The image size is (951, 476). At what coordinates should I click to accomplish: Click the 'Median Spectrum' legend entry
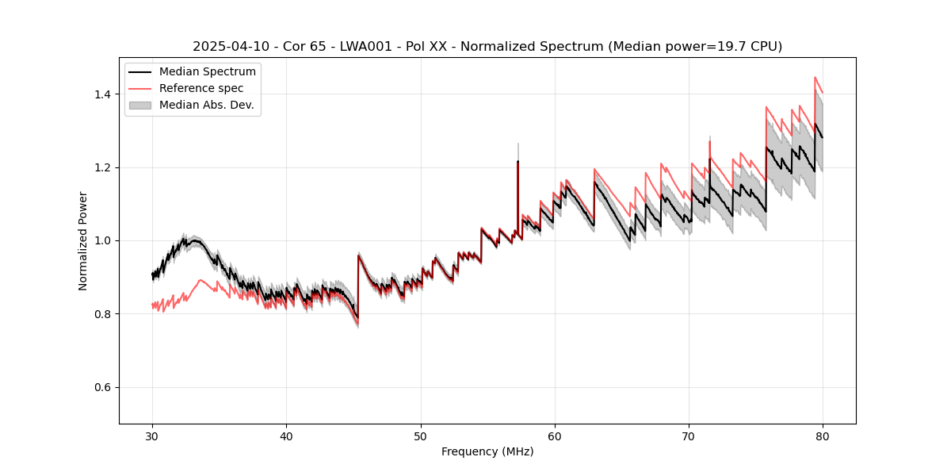tap(207, 72)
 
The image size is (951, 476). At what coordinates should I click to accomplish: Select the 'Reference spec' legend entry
tap(201, 88)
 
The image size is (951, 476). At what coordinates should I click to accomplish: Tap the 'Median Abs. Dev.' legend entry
tap(206, 105)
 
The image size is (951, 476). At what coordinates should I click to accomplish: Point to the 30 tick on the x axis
tap(152, 436)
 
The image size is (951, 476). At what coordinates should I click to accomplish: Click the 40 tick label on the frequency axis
tap(286, 436)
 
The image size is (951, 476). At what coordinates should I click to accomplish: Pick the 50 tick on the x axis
tap(421, 436)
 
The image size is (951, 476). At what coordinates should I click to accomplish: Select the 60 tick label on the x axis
tap(555, 436)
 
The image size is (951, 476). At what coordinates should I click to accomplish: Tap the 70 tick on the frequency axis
tap(689, 436)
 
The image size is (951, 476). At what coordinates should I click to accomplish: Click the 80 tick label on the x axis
tap(823, 436)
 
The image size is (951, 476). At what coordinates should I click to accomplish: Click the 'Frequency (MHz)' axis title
tap(487, 451)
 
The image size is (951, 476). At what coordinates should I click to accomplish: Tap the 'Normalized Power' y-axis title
tap(83, 240)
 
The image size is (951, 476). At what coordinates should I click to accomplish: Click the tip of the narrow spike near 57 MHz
tap(518, 144)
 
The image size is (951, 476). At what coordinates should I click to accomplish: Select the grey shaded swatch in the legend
tap(142, 105)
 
